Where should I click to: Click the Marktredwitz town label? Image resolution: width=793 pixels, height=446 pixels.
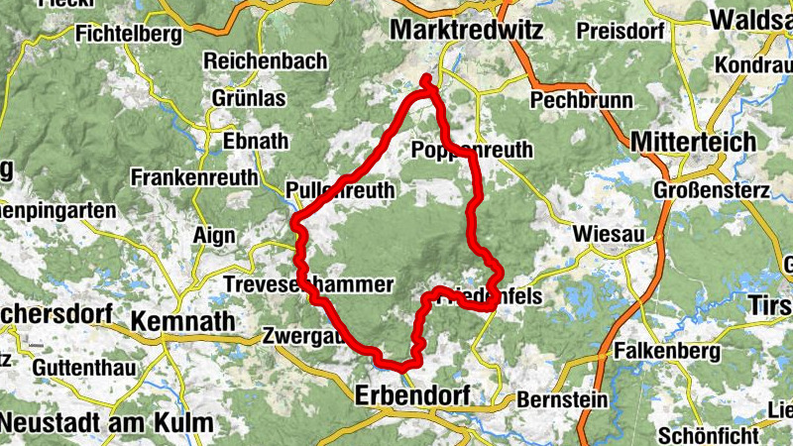click(x=466, y=31)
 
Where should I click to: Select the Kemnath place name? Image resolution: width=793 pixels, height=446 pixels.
click(x=183, y=321)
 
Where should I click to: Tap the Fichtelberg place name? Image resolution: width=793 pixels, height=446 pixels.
click(x=129, y=35)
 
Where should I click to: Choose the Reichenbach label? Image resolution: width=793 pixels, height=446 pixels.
click(x=265, y=61)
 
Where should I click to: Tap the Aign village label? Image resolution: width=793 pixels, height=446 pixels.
click(x=217, y=235)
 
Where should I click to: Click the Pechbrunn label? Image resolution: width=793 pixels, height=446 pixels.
click(x=581, y=100)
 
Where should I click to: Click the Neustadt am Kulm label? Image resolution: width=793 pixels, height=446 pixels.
click(x=106, y=423)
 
